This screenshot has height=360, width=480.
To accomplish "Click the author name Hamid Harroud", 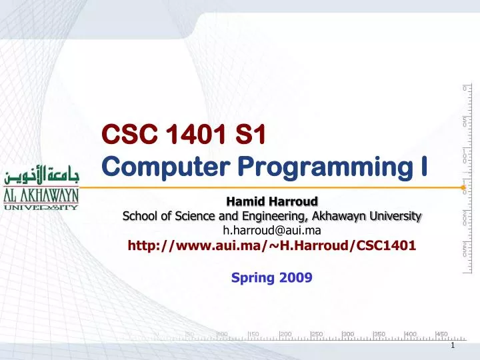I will point(272,201).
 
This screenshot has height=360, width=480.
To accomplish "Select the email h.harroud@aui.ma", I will point(272,230).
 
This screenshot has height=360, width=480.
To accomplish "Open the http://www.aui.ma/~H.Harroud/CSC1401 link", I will point(272,245).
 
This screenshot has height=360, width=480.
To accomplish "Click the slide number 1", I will point(452,345).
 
